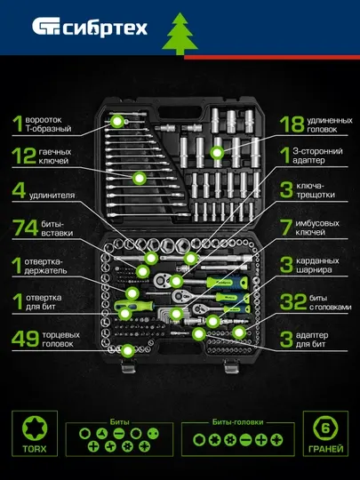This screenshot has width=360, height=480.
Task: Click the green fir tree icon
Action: pos(180,34)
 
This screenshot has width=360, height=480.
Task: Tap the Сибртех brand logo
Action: pos(90,27)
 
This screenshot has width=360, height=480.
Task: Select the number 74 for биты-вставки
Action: pos(25,228)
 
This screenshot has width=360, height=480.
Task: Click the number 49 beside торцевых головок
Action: pos(25,339)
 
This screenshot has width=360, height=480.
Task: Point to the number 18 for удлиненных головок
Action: pos(292,124)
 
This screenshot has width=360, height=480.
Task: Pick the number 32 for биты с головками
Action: pos(293,302)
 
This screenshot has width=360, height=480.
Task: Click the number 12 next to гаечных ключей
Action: pos(24,156)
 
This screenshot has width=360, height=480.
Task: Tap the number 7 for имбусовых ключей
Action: pos(286,228)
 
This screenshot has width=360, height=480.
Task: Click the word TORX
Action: pos(35,449)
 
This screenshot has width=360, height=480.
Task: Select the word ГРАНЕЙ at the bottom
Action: pos(325,449)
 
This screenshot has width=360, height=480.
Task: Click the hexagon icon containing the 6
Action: pos(325,428)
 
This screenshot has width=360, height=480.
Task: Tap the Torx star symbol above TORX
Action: pos(35,428)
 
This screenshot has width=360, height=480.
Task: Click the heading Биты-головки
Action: pos(238,422)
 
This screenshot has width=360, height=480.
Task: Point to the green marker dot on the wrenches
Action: pos(140,178)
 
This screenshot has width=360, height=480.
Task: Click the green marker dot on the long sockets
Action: pos(217,153)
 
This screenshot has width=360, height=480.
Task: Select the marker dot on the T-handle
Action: pos(117,122)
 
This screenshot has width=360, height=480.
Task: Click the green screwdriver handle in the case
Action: pos(133,305)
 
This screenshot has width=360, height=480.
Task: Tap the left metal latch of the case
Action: pos(128,366)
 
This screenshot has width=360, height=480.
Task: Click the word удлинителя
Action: pos(52,196)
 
